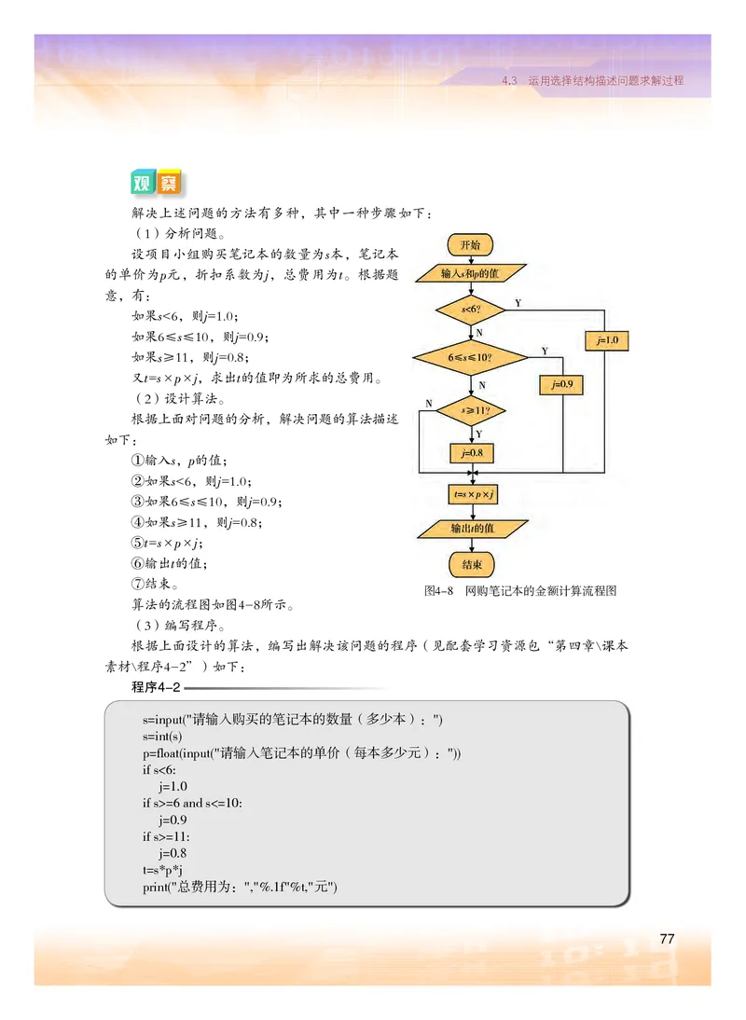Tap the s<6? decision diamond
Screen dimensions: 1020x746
pos(471,309)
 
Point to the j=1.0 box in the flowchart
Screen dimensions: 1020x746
pos(606,340)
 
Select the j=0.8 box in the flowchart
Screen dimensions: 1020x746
pos(471,454)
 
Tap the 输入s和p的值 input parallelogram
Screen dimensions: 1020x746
pos(471,274)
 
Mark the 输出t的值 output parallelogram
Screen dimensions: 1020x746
pos(471,529)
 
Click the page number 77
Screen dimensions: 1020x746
pos(667,938)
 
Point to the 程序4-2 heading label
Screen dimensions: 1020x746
pos(157,688)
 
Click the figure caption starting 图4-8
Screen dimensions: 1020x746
pos(520,590)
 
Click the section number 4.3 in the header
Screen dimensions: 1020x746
pos(508,80)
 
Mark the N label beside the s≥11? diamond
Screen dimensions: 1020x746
pos(428,403)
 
